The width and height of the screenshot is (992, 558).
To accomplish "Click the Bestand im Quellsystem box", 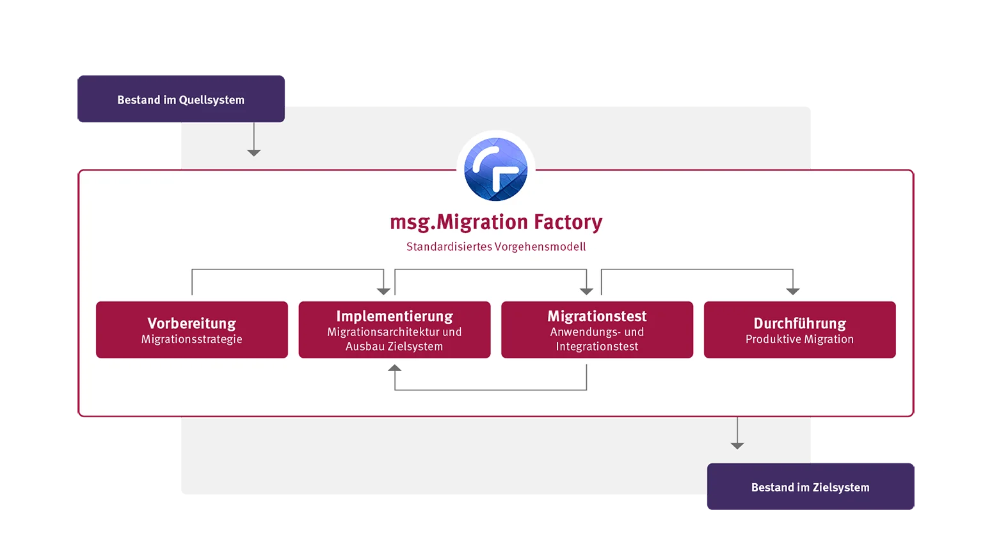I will (181, 99).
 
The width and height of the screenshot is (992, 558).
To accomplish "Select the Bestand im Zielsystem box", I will (811, 487).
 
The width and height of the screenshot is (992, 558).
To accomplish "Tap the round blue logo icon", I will (496, 169).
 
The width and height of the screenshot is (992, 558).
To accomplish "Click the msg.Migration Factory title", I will (496, 222).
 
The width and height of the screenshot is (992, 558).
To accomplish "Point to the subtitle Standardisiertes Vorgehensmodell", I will (496, 246).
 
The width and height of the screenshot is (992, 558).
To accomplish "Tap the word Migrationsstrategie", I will (192, 339).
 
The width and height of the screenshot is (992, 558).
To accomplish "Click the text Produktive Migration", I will (800, 339).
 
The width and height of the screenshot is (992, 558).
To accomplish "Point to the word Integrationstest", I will (597, 346).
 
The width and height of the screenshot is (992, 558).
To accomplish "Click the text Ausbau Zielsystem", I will (394, 346).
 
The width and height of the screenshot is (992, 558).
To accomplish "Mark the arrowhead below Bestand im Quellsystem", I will (254, 153).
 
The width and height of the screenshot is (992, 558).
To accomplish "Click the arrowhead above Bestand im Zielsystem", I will (737, 445).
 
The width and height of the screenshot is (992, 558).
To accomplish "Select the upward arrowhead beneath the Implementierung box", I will (395, 368).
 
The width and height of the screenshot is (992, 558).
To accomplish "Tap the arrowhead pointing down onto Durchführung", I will (793, 291).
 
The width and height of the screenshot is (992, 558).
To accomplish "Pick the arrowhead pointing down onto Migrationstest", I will (586, 291).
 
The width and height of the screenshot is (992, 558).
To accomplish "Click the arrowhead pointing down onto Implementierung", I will (383, 291).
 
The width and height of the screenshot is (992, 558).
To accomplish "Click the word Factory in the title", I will (568, 222).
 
